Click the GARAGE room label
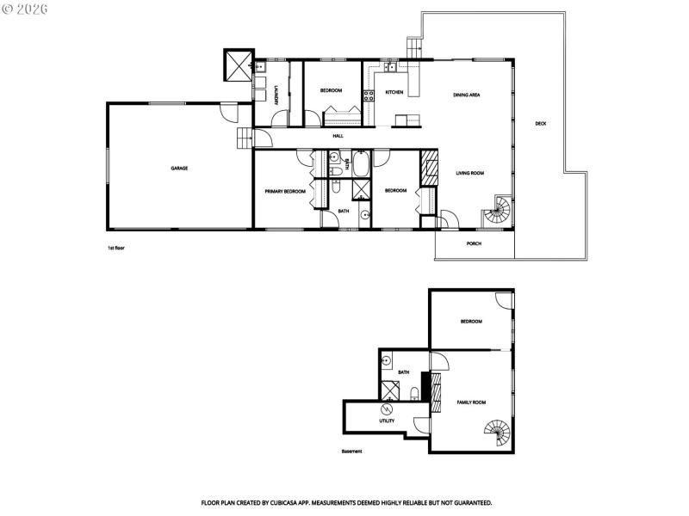point(179,168)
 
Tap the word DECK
point(540,124)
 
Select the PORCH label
point(474,243)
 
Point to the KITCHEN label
point(394,91)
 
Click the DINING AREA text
point(467,95)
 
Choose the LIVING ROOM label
point(470,173)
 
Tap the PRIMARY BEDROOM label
point(285,191)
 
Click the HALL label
point(338,136)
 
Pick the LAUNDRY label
point(276,95)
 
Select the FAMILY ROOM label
point(472,402)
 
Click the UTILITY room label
point(387,421)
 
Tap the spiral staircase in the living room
point(499,210)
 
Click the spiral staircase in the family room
point(498,431)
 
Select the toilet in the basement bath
point(414,394)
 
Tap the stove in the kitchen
point(368,95)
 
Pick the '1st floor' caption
point(116,248)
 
